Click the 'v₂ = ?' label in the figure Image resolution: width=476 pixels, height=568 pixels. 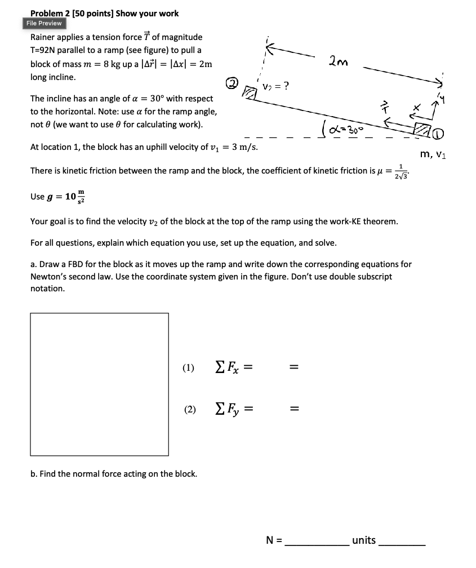tap(277, 86)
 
